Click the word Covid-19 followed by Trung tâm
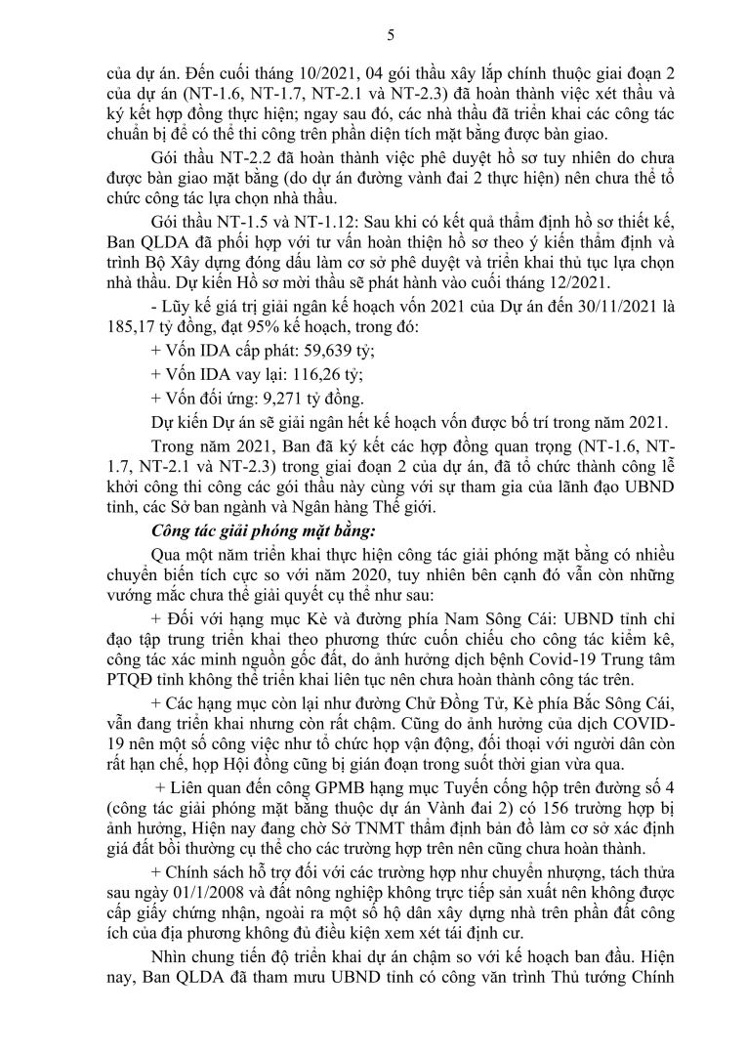coord(546,673)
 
